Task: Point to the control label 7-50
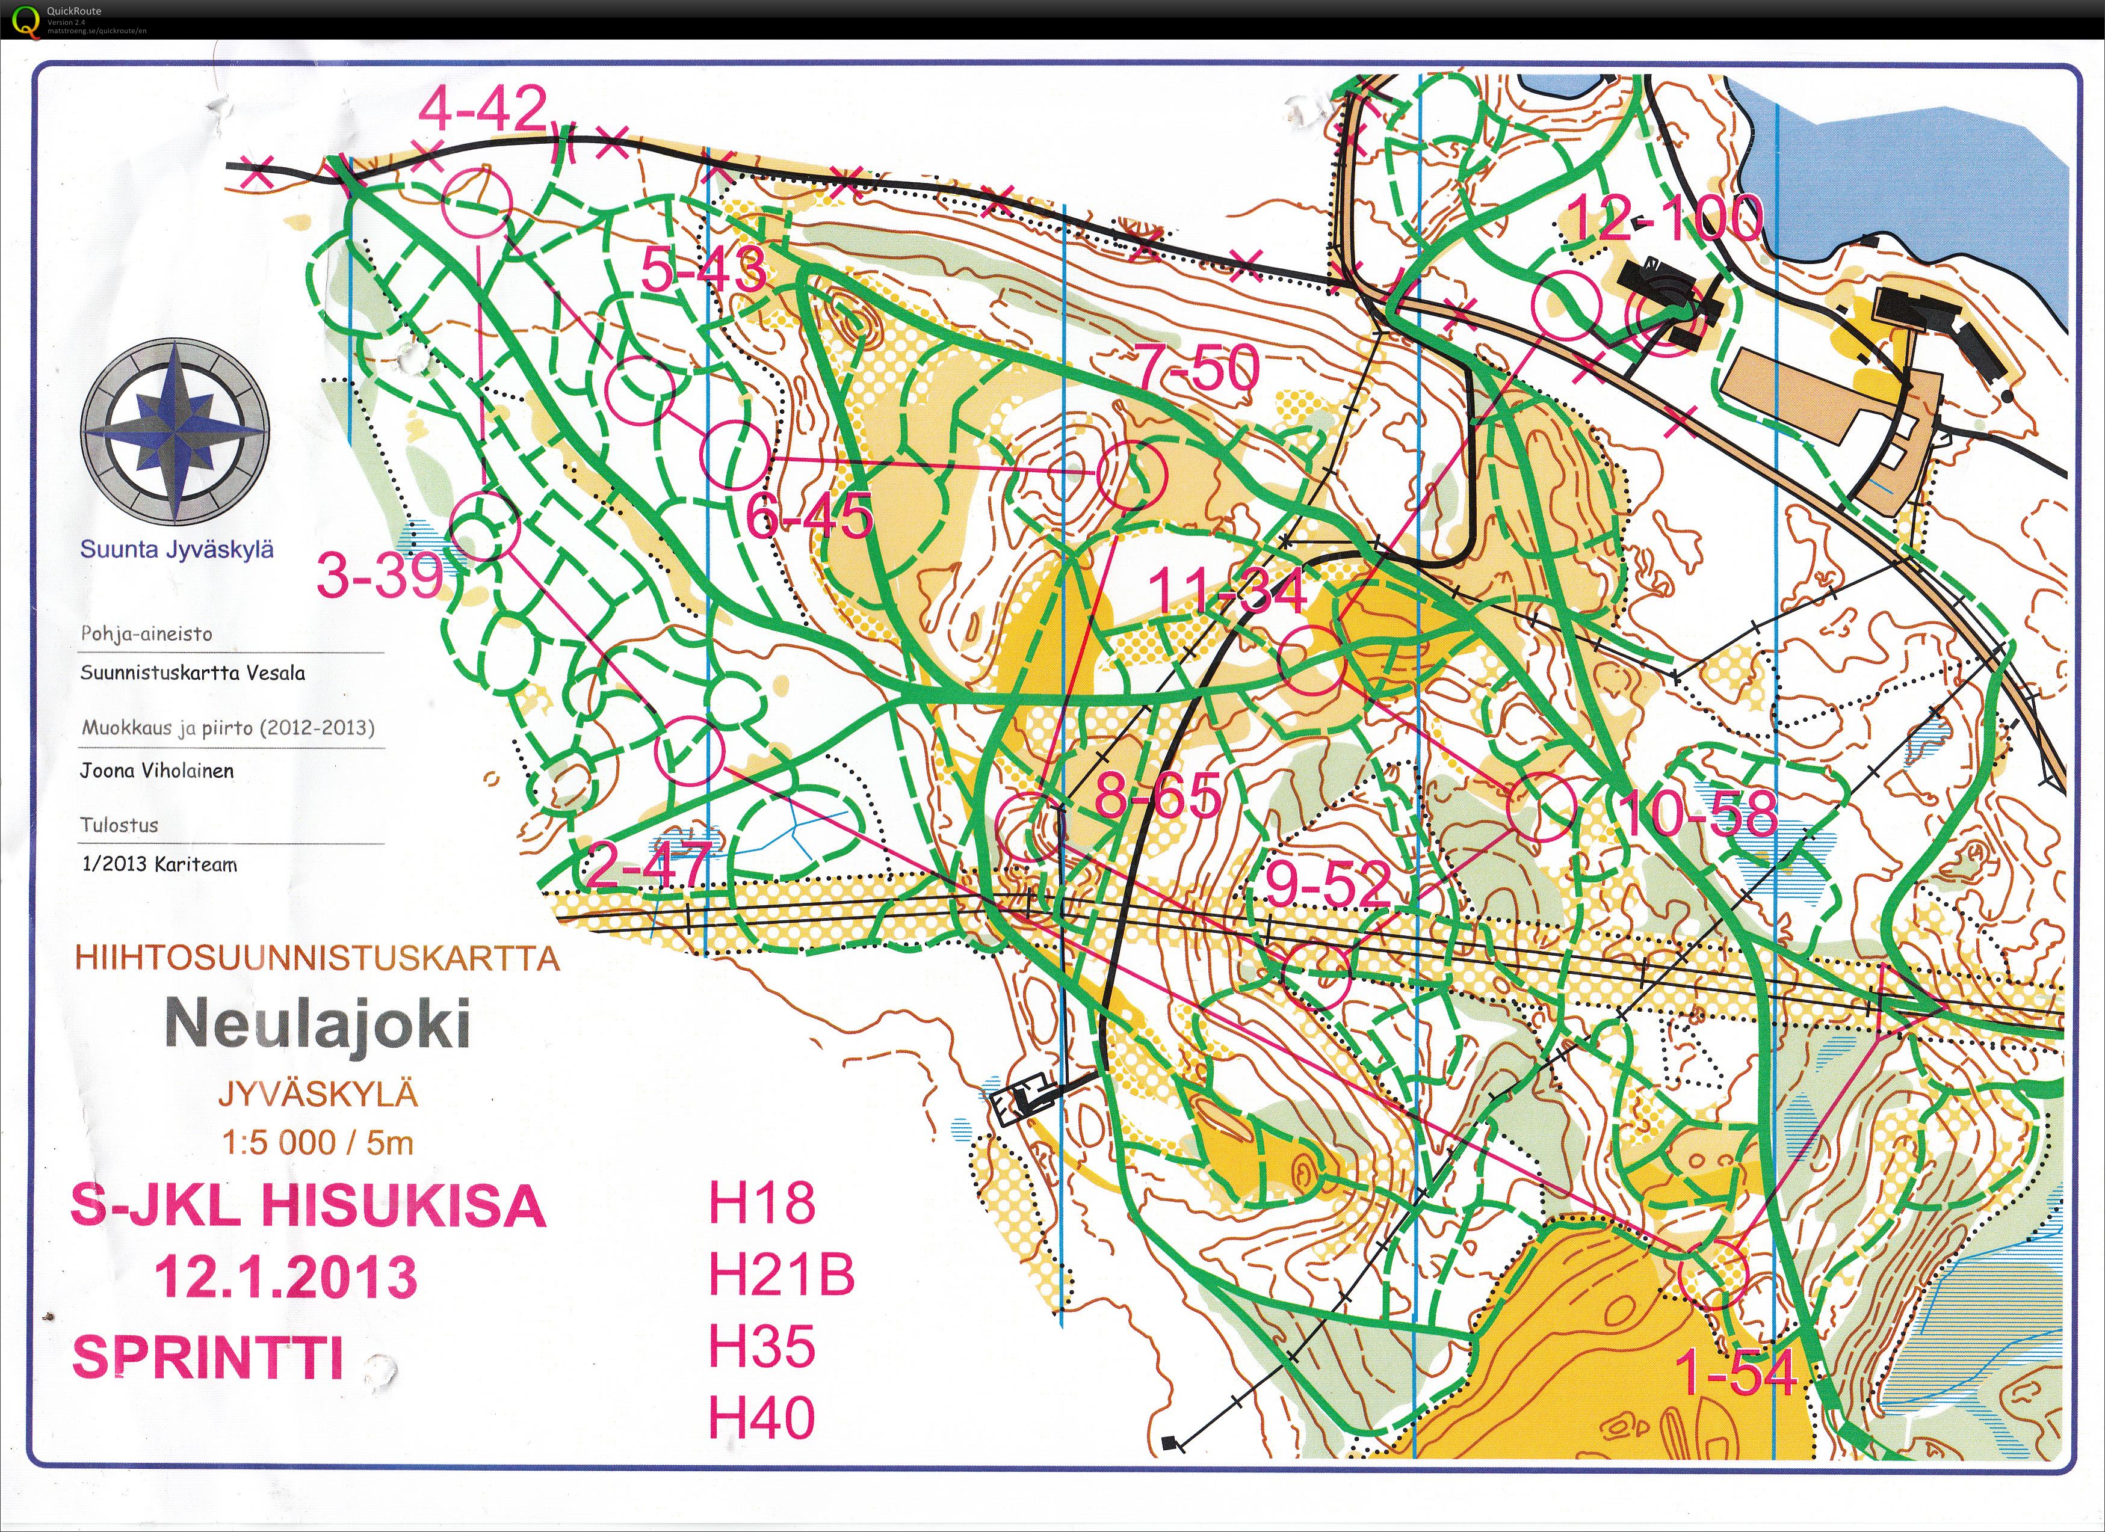tap(1198, 368)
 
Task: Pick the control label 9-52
tap(1328, 884)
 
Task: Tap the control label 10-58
tap(1698, 814)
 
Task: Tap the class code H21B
tap(780, 1274)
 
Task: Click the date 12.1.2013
tap(286, 1277)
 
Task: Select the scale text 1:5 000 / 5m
tap(317, 1142)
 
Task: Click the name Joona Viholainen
tap(157, 770)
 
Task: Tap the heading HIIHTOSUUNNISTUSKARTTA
tap(317, 958)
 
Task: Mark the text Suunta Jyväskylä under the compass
tap(176, 549)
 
